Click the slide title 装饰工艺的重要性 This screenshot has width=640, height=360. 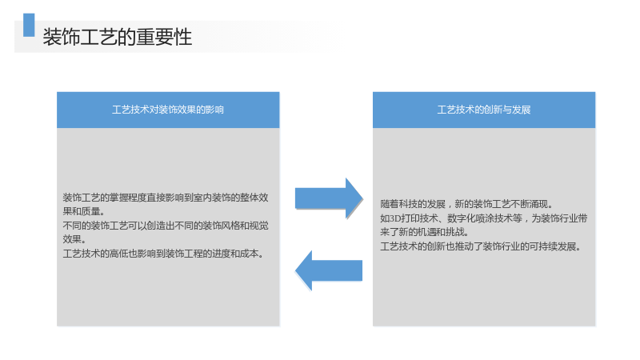pos(117,37)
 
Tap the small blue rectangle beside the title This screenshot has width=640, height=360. pos(29,25)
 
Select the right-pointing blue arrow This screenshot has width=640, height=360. pos(329,198)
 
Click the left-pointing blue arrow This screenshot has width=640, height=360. pos(329,270)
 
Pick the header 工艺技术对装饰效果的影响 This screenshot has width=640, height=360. pos(168,110)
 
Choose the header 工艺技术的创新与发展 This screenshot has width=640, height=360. pos(484,110)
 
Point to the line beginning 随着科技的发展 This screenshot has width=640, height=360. pos(466,204)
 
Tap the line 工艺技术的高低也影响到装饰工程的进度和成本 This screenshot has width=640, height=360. pos(164,254)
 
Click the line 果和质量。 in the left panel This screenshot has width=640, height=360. pos(84,211)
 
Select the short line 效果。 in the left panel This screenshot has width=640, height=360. pos(74,239)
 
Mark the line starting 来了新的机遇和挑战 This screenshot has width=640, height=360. pos(425,232)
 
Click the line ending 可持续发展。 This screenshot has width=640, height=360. pos(481,246)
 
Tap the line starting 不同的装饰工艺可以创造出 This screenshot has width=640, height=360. pos(166,226)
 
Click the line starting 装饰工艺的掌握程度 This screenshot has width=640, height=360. pos(166,198)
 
